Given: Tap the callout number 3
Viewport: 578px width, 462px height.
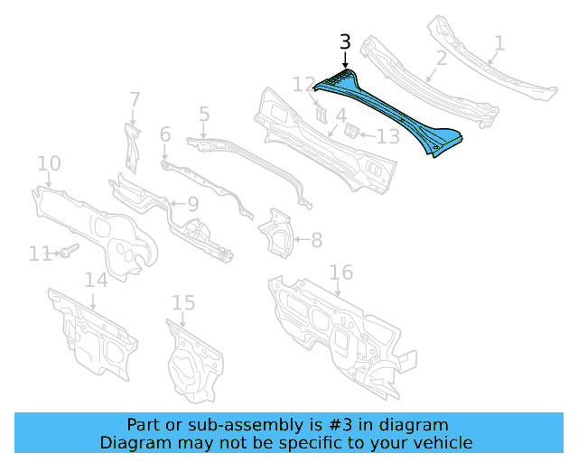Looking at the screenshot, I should click(x=344, y=42).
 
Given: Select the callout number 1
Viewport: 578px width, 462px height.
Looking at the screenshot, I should click(x=499, y=42).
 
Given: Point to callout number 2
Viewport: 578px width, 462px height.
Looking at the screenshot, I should click(x=441, y=60).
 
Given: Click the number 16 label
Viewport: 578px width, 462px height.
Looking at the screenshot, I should click(x=340, y=273).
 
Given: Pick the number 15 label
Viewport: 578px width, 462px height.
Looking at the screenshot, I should click(x=183, y=302).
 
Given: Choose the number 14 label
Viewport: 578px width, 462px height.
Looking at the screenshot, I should click(x=96, y=280).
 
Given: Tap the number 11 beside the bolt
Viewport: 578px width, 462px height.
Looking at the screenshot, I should click(x=39, y=254).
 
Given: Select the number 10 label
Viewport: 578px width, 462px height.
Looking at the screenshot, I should click(x=49, y=163).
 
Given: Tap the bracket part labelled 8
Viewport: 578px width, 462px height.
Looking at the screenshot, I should click(x=277, y=233).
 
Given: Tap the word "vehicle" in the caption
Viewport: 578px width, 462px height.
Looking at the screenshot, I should click(x=441, y=442).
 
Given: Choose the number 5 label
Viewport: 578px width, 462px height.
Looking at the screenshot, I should click(x=204, y=115).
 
